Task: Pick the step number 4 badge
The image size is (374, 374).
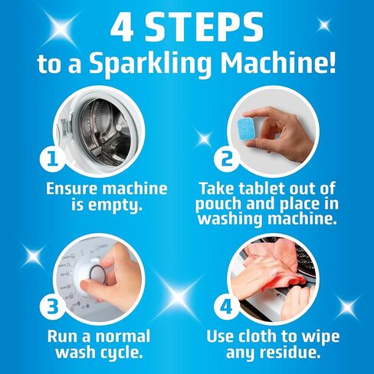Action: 227,307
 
